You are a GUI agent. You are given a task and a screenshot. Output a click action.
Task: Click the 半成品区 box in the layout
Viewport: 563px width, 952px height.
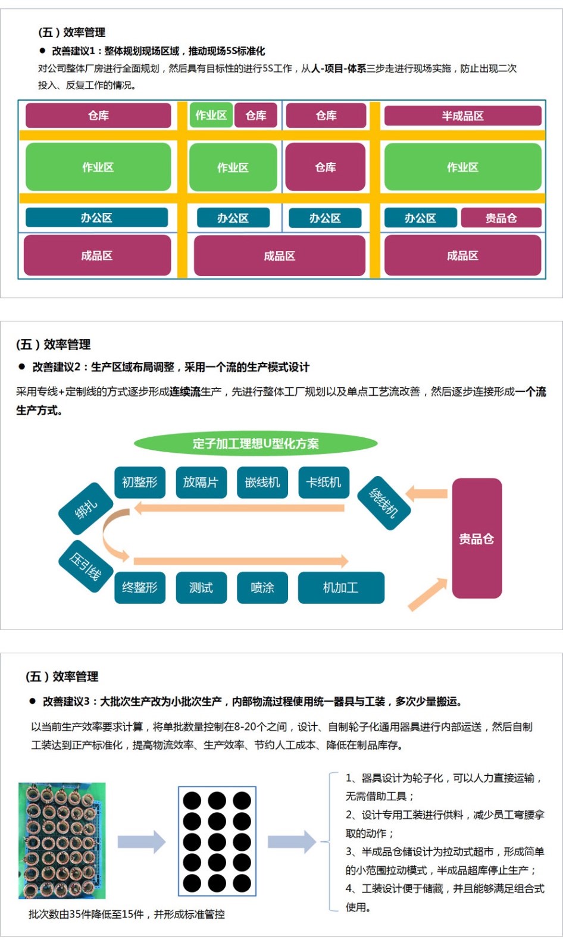point(462,115)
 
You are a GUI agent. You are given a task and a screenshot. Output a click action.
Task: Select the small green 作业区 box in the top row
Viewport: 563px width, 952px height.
point(211,115)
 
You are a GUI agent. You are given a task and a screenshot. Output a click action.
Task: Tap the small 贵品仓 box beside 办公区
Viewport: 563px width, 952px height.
point(501,218)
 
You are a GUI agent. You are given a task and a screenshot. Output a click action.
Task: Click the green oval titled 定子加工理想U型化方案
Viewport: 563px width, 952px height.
point(256,443)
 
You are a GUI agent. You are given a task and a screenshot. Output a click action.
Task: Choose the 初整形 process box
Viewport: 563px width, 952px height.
point(139,482)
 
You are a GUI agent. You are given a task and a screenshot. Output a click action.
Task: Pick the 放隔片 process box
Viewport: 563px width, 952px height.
point(201,482)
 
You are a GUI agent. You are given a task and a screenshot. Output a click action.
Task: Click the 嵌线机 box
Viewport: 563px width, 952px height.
point(262,482)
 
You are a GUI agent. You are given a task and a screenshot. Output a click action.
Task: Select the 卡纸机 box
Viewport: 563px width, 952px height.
point(323,482)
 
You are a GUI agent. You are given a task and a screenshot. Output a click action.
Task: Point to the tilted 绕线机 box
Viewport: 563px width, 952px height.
point(384,503)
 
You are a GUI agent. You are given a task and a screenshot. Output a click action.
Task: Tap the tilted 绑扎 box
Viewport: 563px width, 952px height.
point(86,509)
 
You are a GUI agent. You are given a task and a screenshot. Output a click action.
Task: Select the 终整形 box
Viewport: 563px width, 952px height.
point(139,588)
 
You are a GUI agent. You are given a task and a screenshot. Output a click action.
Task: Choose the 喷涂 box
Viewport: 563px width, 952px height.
point(262,588)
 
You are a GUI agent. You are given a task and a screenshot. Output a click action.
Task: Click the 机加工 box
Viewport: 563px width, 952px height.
point(340,588)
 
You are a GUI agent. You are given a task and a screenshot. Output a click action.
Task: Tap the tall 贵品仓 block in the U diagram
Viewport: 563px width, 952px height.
point(477,538)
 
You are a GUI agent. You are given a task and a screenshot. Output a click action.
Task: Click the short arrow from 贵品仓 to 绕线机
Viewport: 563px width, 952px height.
point(427,493)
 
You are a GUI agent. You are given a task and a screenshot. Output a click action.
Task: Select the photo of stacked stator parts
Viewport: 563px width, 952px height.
point(62,840)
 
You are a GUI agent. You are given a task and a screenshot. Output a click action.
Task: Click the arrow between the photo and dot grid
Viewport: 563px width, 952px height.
point(142,841)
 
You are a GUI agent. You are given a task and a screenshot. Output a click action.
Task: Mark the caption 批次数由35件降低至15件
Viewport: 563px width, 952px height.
point(126,914)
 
